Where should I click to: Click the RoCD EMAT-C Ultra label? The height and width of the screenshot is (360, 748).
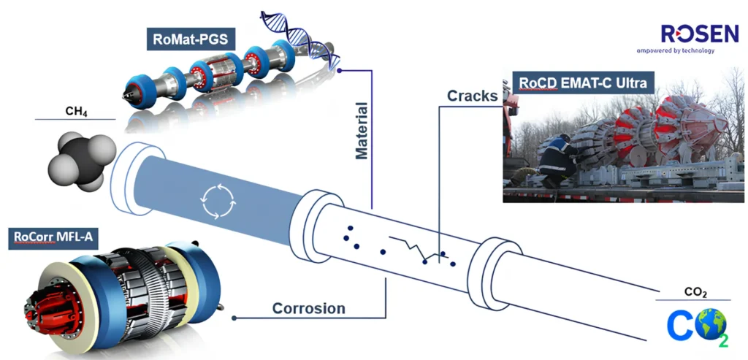pos(582,83)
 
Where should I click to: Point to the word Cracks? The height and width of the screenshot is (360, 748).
pos(473,96)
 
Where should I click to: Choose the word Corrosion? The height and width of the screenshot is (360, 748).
pos(308,308)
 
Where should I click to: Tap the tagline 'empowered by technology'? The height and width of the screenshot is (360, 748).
pos(675,51)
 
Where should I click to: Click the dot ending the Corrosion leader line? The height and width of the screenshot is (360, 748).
pos(234,318)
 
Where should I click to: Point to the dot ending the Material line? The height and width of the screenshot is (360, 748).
pos(340,70)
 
